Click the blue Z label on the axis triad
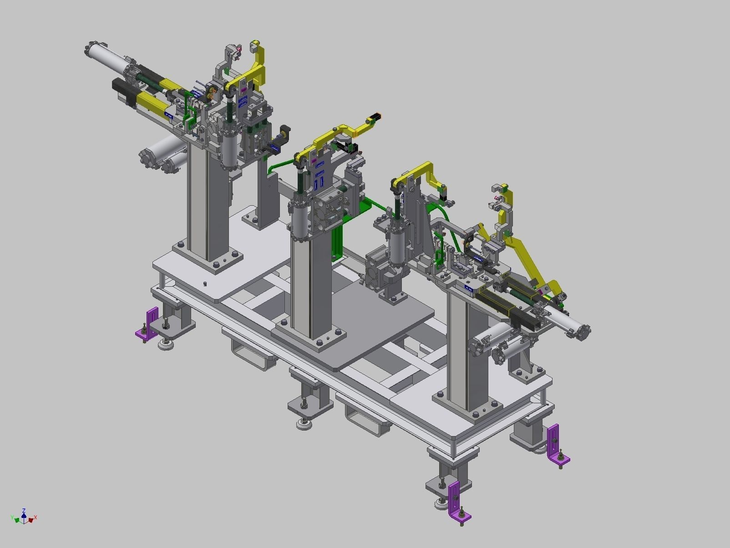pos(24,511)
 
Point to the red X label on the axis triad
pos(35,518)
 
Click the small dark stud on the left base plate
pos(205,284)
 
